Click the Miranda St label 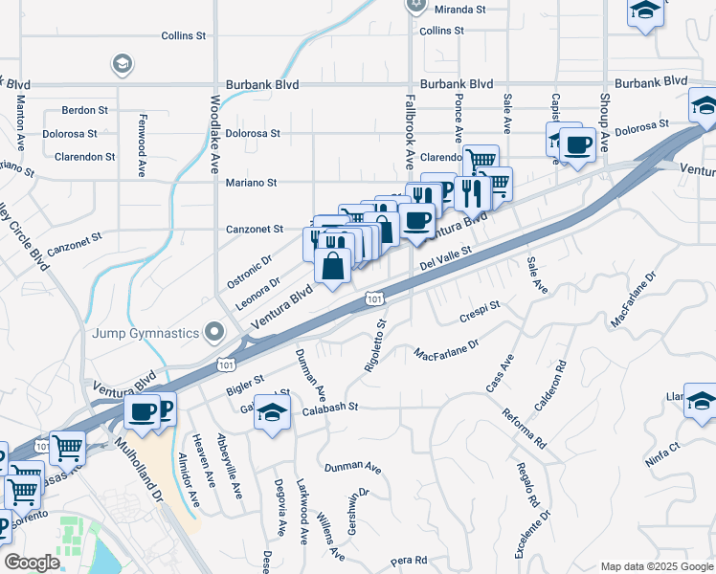click(460, 10)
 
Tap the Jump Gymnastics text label click(145, 333)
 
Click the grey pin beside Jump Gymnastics click(214, 333)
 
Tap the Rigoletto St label click(373, 344)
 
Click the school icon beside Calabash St click(274, 414)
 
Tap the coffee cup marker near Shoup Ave click(578, 145)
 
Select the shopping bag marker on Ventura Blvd click(332, 267)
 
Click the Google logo click(32, 563)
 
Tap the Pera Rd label click(408, 560)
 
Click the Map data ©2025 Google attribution click(655, 565)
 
